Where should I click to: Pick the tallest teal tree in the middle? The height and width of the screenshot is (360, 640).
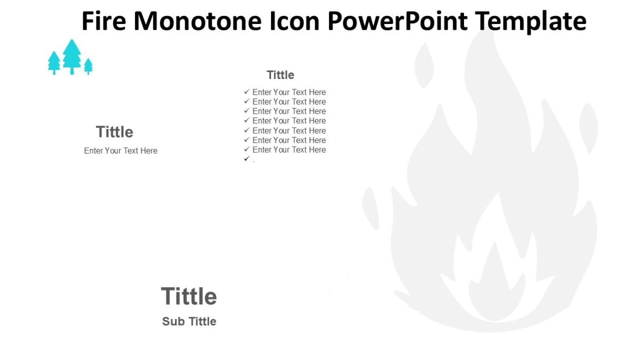[x=71, y=56]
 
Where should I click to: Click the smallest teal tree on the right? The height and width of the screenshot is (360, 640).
[x=89, y=66]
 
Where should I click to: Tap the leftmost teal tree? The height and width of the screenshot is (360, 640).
[x=54, y=62]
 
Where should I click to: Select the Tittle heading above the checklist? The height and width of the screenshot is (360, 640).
[x=280, y=75]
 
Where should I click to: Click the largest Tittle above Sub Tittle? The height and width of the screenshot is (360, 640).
[x=189, y=296]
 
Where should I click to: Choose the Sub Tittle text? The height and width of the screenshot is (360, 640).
[x=189, y=321]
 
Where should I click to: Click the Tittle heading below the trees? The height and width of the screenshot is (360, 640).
[x=114, y=132]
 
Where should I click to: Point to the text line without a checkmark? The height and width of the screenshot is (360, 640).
[x=121, y=151]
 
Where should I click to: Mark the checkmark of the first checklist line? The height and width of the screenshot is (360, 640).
[x=246, y=92]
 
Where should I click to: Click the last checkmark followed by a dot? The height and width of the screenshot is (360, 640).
[x=246, y=159]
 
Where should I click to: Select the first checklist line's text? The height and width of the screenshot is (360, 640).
[x=289, y=92]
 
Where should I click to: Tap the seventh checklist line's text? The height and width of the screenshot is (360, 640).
[x=289, y=150]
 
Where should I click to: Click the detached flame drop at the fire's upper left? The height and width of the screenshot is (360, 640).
[x=424, y=65]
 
